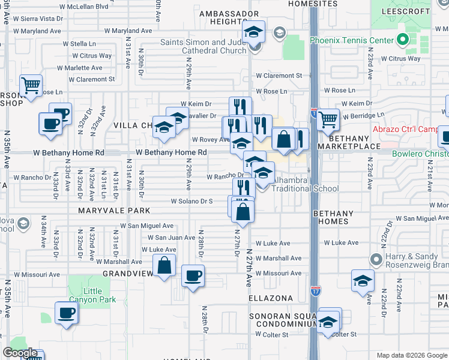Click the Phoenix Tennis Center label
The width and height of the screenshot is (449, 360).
[351, 40]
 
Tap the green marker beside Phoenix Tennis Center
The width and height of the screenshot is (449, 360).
[403, 41]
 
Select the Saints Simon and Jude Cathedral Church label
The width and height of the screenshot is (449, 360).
[203, 46]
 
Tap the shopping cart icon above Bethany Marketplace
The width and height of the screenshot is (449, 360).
[327, 119]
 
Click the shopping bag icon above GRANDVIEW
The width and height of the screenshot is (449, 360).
[164, 265]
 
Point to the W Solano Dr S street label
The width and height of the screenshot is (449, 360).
[192, 201]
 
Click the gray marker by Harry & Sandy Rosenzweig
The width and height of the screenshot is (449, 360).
[376, 260]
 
